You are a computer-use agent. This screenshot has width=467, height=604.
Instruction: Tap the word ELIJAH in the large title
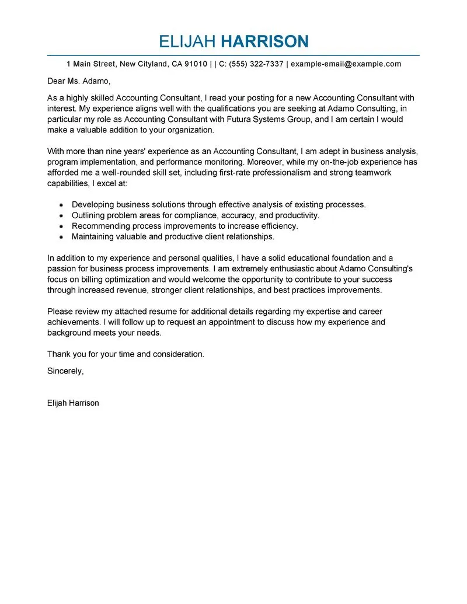[x=187, y=41]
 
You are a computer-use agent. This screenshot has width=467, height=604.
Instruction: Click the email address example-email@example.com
[x=346, y=64]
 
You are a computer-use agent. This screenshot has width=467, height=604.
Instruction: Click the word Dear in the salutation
[x=57, y=81]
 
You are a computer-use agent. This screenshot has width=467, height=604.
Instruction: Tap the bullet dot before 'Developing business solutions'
[x=61, y=205]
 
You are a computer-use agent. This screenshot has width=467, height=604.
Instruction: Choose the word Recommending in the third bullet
[x=100, y=226]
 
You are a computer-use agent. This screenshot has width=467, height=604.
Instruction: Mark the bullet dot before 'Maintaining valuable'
[x=61, y=237]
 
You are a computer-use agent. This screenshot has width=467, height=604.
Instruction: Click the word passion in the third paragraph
[x=62, y=268]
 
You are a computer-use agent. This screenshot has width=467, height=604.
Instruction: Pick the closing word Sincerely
[x=65, y=371]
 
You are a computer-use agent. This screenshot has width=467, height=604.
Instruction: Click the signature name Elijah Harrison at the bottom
[x=73, y=403]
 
